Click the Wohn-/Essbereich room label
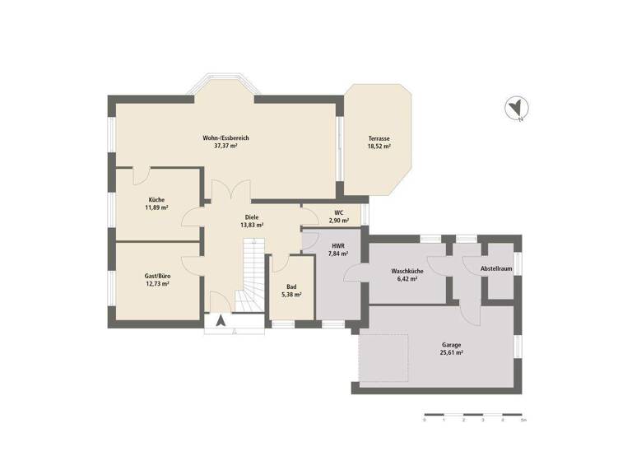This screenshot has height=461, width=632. pos(225,137)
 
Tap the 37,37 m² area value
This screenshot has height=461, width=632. pos(225,146)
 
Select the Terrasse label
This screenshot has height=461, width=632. pos(379,138)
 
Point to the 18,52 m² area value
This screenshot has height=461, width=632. pos(379,147)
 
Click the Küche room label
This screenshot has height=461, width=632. pos(156,200)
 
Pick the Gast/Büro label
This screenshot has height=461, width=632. pos(157,276)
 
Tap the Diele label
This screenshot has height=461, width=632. pos(251,217)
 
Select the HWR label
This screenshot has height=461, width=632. pos(338,246)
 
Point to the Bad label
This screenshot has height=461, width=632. pos(291,286)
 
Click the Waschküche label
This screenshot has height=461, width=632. pos(407,271)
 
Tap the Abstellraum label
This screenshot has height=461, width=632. pos(497,268)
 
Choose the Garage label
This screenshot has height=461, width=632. pos(451,344)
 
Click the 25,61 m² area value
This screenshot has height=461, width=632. pos(451,352)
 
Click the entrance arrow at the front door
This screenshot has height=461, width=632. pos(221,320)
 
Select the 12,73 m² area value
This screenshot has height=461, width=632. pos(157,284)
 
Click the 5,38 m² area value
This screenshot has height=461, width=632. pos(291,294)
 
